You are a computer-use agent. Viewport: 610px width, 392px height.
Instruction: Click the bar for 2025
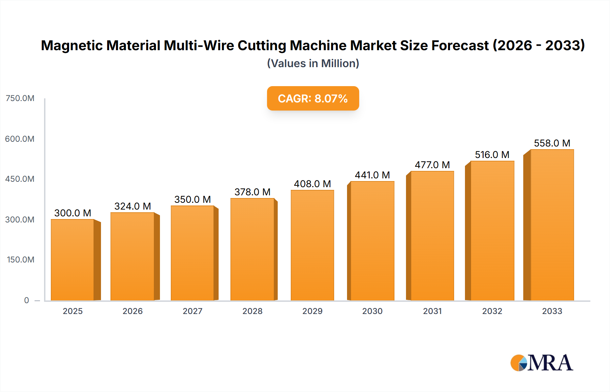[x=73, y=260]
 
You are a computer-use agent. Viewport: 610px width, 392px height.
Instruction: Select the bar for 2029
[x=312, y=246]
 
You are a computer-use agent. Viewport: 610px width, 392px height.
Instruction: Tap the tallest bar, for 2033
[x=552, y=225]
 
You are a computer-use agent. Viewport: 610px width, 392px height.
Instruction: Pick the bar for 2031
[x=432, y=236]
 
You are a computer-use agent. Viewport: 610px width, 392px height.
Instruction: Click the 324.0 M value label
[x=133, y=206]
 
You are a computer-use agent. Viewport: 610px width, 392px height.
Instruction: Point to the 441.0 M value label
[x=372, y=175]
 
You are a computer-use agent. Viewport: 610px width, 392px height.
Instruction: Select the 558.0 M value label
[x=552, y=143]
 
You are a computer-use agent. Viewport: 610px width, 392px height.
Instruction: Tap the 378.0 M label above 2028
[x=252, y=192]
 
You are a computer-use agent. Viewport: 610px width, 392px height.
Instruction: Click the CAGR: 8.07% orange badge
[x=313, y=98]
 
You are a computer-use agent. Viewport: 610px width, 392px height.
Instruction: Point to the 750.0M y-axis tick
[x=20, y=98]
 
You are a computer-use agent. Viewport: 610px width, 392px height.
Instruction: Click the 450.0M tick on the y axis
[x=20, y=179]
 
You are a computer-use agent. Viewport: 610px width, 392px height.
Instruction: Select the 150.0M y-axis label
[x=21, y=260]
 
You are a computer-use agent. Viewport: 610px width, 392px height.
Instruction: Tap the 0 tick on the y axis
[x=26, y=300]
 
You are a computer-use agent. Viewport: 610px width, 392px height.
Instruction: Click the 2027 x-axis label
[x=192, y=311]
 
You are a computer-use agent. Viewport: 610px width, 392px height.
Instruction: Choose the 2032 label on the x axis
[x=492, y=311]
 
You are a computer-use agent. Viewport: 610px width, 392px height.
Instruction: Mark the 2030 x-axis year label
[x=372, y=311]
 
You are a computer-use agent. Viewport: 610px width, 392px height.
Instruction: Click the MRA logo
[x=542, y=363]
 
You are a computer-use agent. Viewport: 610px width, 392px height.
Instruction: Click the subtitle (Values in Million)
[x=313, y=63]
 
